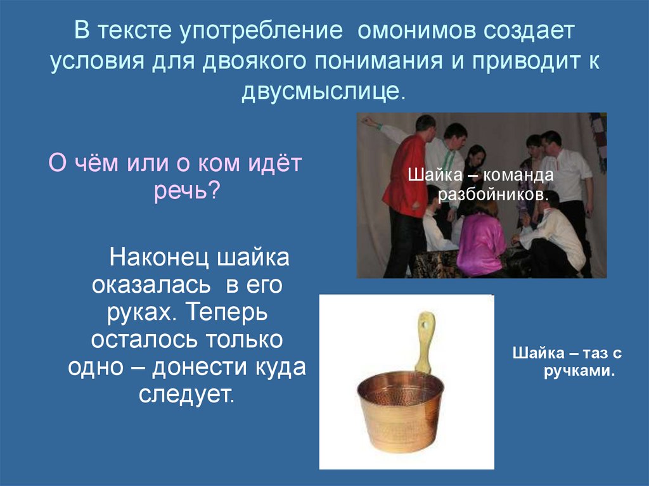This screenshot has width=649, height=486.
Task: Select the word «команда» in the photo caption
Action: [x=522, y=174]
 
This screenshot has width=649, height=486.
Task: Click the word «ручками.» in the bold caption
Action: [x=579, y=371]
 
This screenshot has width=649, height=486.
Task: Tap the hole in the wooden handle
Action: [x=426, y=323]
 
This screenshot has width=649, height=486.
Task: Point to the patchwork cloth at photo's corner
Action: [x=598, y=136]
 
